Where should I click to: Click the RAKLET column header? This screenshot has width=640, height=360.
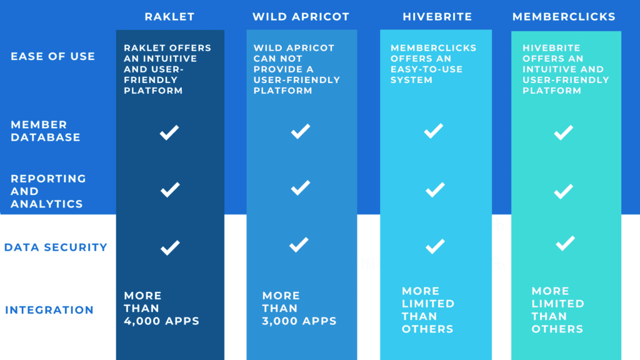pyautogui.click(x=169, y=17)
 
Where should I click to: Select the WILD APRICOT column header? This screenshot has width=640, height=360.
pyautogui.click(x=301, y=17)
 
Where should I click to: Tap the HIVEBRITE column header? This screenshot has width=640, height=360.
pyautogui.click(x=437, y=17)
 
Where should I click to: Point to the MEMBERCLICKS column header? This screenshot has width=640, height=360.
pyautogui.click(x=564, y=17)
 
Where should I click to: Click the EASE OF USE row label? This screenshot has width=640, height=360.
pyautogui.click(x=52, y=56)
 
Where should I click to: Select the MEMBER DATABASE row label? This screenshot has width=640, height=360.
pyautogui.click(x=45, y=131)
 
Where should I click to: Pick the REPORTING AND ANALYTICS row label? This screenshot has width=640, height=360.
pyautogui.click(x=48, y=191)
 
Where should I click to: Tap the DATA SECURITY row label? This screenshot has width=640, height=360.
pyautogui.click(x=56, y=247)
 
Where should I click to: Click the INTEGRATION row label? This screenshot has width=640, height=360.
pyautogui.click(x=49, y=310)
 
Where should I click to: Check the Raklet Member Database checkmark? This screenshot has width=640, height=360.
pyautogui.click(x=169, y=132)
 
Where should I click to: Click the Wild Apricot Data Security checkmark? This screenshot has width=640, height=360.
pyautogui.click(x=299, y=245)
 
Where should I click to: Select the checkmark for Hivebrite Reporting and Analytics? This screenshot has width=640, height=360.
pyautogui.click(x=435, y=190)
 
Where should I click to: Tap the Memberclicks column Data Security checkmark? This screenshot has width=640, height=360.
pyautogui.click(x=565, y=243)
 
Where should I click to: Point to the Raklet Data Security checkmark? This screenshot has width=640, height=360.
pyautogui.click(x=170, y=247)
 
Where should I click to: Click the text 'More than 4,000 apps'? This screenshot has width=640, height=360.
pyautogui.click(x=162, y=308)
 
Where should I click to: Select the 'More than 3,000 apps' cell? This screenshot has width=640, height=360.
pyautogui.click(x=299, y=308)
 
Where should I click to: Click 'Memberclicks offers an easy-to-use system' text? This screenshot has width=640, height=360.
pyautogui.click(x=434, y=64)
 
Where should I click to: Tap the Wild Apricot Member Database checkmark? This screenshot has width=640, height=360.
pyautogui.click(x=301, y=131)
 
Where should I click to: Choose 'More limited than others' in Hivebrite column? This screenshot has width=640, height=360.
pyautogui.click(x=427, y=310)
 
